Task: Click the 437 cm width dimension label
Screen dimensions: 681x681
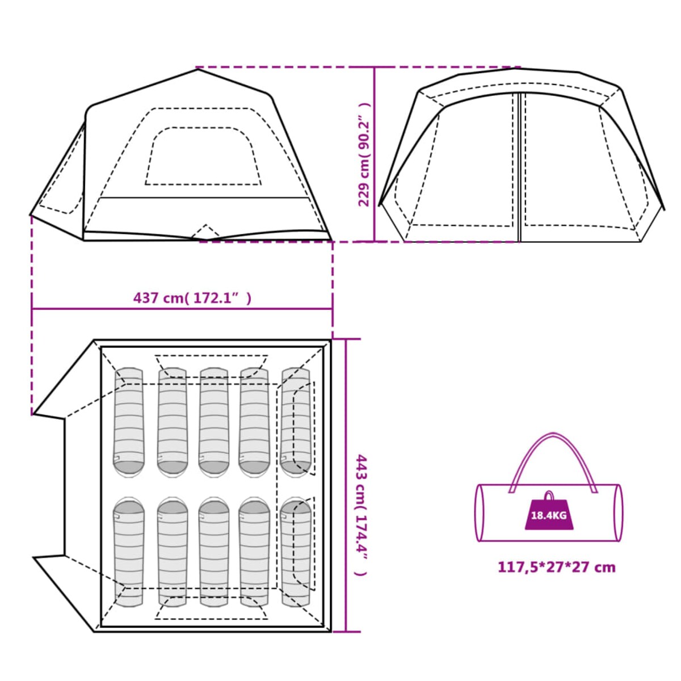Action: pyautogui.click(x=192, y=299)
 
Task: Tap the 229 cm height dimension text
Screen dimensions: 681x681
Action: pyautogui.click(x=364, y=154)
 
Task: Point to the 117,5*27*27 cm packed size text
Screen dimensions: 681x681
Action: pyautogui.click(x=557, y=577)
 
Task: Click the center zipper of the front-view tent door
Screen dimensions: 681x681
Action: pyautogui.click(x=519, y=167)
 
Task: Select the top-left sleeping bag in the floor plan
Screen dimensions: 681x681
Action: pyautogui.click(x=129, y=423)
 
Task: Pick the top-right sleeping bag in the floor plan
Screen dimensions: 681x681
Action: pyautogui.click(x=296, y=423)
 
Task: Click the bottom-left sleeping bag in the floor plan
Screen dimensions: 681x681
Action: pyautogui.click(x=129, y=552)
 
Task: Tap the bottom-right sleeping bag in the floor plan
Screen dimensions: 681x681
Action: pyautogui.click(x=296, y=552)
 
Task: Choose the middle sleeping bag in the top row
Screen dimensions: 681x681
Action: pyautogui.click(x=214, y=423)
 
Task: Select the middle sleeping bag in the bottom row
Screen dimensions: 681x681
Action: pyautogui.click(x=214, y=552)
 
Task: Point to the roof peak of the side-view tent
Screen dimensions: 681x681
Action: pyautogui.click(x=198, y=69)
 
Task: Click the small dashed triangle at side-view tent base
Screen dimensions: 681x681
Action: pyautogui.click(x=205, y=232)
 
